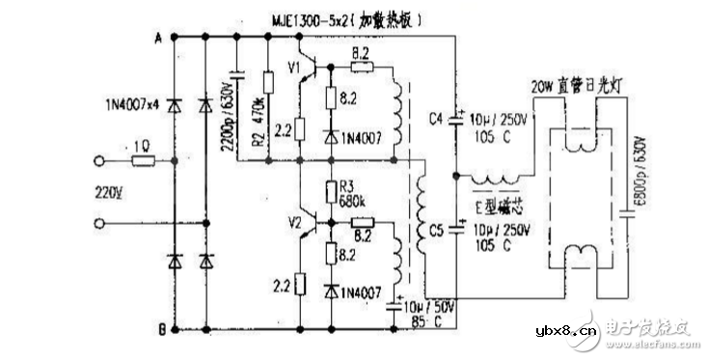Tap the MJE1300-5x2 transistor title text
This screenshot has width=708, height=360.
332,17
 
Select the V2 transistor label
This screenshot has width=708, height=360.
295,224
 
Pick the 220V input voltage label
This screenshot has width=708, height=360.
109,189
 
